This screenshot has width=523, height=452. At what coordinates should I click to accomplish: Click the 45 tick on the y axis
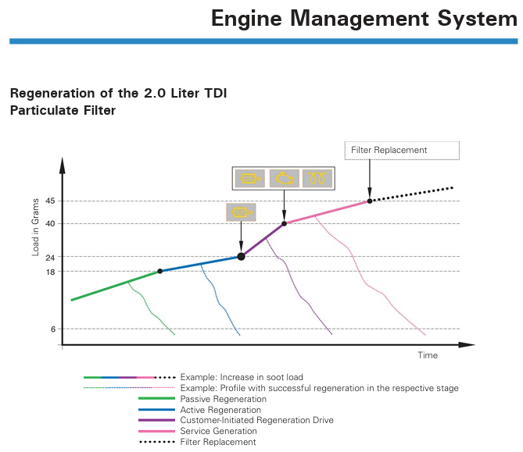(50, 201)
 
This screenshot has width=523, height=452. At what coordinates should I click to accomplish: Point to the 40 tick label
(50, 223)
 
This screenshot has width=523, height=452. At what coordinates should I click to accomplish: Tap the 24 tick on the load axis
(50, 257)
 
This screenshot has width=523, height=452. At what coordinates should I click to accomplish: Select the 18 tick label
(50, 272)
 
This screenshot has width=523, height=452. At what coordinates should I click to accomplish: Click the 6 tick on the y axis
(53, 329)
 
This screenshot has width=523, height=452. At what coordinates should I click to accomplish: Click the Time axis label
(428, 355)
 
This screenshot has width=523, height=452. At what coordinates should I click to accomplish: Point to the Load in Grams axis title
(35, 227)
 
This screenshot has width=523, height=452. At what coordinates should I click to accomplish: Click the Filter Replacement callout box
(402, 151)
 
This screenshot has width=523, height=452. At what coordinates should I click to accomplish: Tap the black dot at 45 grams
(370, 201)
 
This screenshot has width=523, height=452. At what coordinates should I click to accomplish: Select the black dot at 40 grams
(285, 223)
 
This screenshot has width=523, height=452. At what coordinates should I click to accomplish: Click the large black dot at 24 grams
(241, 257)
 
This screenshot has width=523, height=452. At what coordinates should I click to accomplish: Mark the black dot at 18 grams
(160, 271)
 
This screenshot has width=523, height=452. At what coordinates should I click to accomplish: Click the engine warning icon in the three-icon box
(285, 178)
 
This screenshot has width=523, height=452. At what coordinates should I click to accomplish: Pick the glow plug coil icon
(317, 178)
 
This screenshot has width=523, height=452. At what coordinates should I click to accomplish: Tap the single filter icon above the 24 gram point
(241, 212)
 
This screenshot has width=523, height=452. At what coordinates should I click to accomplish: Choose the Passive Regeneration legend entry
(224, 399)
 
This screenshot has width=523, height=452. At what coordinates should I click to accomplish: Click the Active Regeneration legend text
(220, 410)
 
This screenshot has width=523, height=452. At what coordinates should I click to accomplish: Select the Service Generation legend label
(218, 431)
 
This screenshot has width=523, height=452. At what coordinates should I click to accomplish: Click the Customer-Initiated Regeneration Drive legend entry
(257, 420)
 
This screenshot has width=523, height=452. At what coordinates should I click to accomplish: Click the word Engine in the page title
(247, 20)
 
